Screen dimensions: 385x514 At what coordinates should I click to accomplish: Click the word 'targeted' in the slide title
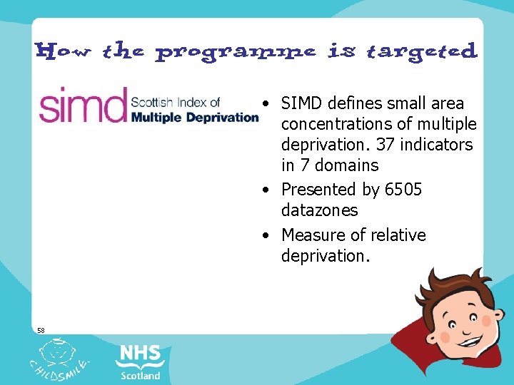[421, 52]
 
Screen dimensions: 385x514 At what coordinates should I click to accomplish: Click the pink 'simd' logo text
[82, 106]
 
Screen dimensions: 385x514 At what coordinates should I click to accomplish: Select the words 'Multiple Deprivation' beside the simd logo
[193, 117]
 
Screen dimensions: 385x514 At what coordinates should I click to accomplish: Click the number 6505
[403, 190]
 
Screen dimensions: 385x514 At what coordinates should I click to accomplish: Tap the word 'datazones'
[319, 210]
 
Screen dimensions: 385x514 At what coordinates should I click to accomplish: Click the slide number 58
[41, 330]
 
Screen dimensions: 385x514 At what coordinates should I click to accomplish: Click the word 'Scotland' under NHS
[141, 375]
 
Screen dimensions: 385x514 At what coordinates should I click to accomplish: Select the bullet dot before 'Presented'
[266, 190]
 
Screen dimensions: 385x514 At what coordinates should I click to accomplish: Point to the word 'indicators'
[437, 145]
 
